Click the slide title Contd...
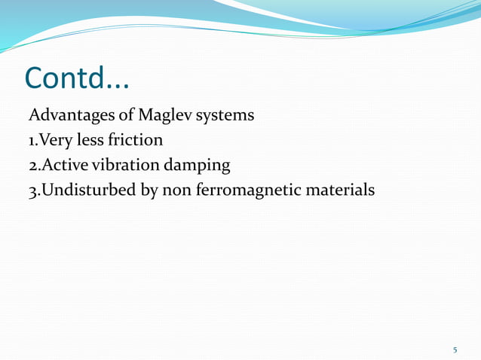pos(76,78)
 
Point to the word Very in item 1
pos(54,141)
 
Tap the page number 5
pos(455,349)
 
